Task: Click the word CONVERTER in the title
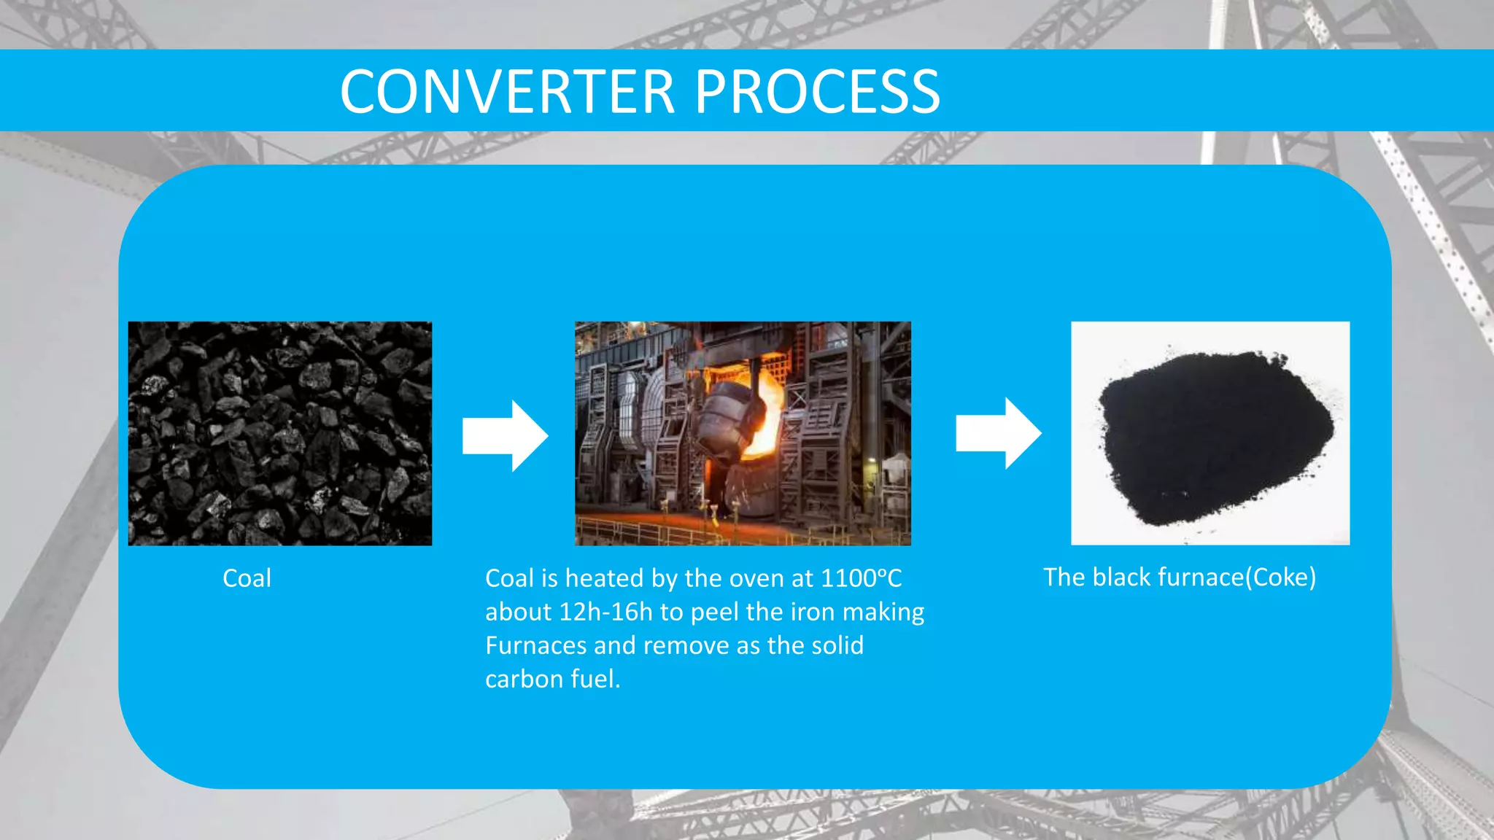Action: [x=507, y=92]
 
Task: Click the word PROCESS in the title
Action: [x=817, y=92]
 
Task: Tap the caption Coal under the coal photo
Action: [x=247, y=578]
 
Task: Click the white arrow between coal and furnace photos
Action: [x=505, y=435]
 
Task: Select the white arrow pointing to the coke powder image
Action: [x=998, y=433]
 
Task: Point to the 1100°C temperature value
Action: [x=861, y=578]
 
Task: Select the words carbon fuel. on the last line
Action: [x=552, y=679]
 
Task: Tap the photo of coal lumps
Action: [x=279, y=433]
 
